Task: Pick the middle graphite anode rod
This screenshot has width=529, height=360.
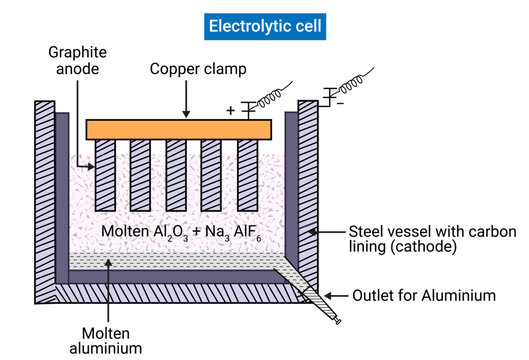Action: click(177, 174)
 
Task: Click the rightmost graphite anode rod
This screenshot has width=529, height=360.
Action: click(248, 174)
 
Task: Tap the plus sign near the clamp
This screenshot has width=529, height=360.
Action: click(230, 110)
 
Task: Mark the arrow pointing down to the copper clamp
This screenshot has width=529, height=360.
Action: click(185, 100)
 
